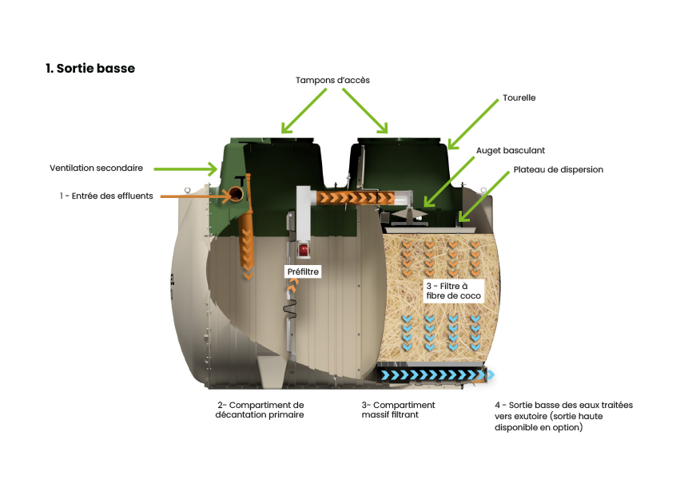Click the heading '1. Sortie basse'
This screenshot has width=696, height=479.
point(90,69)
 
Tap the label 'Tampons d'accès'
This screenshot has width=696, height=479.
point(332,81)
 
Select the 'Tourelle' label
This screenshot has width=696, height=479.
point(519,98)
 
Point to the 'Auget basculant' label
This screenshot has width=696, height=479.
point(510,150)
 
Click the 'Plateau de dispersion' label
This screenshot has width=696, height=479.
point(558,170)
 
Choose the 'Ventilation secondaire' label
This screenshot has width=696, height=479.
point(96,168)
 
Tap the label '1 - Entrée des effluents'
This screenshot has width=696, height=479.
point(105,196)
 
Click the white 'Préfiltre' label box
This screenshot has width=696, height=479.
point(303,272)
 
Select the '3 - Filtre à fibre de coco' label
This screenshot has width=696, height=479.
point(452,291)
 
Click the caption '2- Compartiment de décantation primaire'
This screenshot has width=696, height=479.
point(260,410)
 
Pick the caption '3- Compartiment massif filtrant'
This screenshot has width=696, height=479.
point(398,410)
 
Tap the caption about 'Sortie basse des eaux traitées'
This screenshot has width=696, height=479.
point(563,416)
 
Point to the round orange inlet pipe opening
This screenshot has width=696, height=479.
point(236,195)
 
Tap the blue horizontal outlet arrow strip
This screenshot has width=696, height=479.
point(436,374)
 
